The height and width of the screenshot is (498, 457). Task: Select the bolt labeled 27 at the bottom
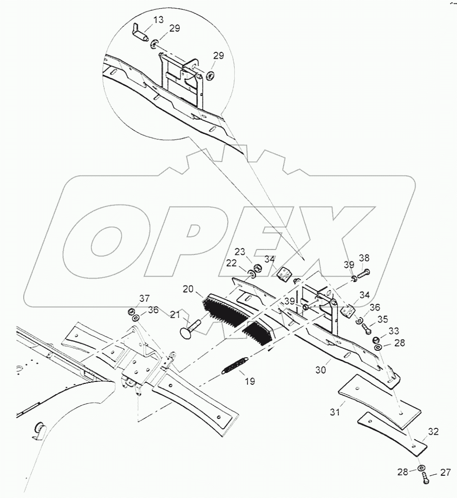click(425, 478)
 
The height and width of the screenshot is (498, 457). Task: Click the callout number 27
click(445, 473)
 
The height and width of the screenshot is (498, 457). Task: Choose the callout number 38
click(364, 258)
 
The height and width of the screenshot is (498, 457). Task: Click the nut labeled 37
click(132, 311)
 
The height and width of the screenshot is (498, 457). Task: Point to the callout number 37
click(143, 299)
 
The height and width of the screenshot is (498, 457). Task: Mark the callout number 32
click(433, 431)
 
